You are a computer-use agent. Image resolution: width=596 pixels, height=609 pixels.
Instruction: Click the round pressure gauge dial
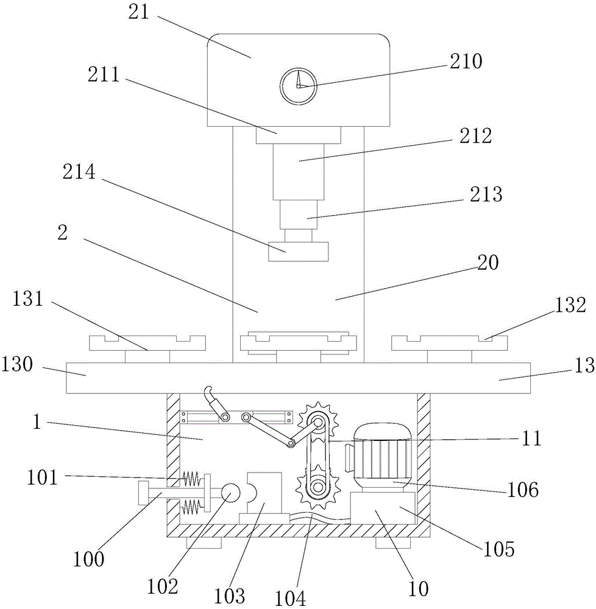pos(299,86)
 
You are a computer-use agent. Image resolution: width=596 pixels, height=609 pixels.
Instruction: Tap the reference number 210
pos(466,61)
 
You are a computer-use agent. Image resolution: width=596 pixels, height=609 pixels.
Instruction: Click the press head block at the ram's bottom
pos(299,252)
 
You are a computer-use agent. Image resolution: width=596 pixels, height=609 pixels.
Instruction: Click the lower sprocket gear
pos(318,486)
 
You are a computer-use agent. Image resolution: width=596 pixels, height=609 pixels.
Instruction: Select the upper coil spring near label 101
pos(191,479)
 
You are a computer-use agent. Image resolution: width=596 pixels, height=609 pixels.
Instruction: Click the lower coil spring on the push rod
pos(191,505)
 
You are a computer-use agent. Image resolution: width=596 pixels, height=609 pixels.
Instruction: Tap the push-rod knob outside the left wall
pos(143,493)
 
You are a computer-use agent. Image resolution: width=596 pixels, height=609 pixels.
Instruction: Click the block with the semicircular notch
pos(264,493)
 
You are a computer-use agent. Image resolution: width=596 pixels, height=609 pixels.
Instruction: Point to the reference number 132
pos(570,305)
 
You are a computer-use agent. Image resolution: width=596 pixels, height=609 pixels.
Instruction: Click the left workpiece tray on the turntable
pos(147,343)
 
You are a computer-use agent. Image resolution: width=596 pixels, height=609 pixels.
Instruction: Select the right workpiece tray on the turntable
pos(450,343)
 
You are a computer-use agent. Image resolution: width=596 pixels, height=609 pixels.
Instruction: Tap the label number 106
pos(523,490)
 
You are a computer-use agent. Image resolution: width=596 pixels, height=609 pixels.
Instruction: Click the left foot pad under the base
pos(204,543)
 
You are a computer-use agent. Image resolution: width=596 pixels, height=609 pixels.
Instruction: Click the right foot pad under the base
pos(393,543)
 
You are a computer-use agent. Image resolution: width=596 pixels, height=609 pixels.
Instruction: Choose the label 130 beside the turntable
pos(18,365)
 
